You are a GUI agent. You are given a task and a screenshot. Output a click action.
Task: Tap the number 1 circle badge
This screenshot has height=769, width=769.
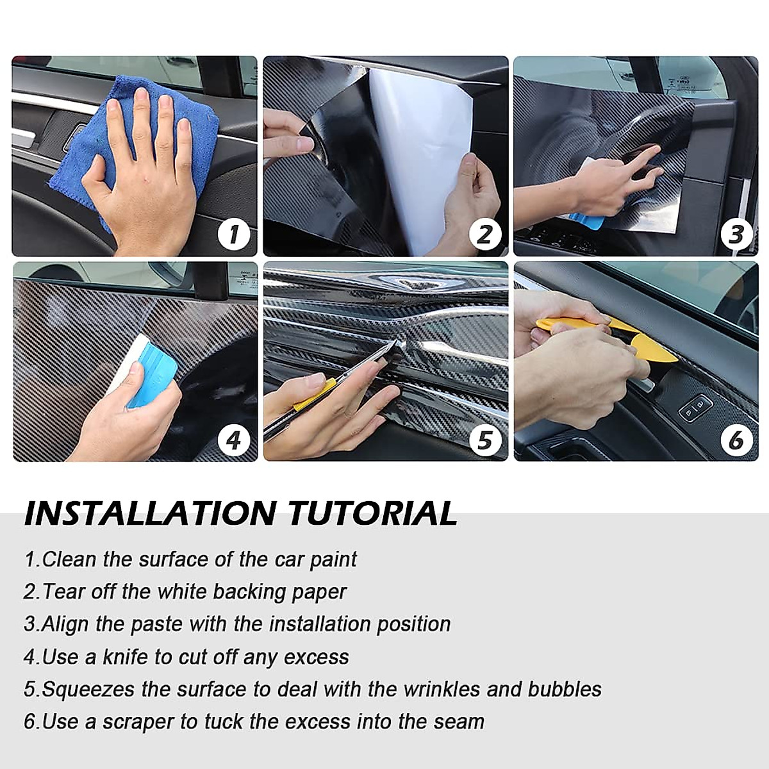pyautogui.click(x=235, y=235)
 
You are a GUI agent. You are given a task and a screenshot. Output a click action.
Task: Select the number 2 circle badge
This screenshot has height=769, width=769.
pyautogui.click(x=485, y=235)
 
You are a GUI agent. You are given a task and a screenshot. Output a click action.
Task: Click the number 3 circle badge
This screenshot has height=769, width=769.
pyautogui.click(x=736, y=235)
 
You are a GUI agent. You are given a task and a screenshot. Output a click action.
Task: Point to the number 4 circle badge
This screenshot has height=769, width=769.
pyautogui.click(x=235, y=440)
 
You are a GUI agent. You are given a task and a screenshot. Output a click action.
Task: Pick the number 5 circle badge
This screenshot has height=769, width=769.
pyautogui.click(x=485, y=440)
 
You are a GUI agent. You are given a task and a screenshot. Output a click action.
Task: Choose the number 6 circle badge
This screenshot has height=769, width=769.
pyautogui.click(x=736, y=440)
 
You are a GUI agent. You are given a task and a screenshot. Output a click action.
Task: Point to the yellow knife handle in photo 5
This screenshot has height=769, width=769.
pyautogui.click(x=315, y=395)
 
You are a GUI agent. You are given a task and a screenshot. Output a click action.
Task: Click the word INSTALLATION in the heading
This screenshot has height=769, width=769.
pyautogui.click(x=150, y=513)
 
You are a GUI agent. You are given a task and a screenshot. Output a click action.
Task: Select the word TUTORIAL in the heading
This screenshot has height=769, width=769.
pyautogui.click(x=373, y=513)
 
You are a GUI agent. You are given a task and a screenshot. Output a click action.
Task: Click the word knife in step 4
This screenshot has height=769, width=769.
pyautogui.click(x=126, y=656)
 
